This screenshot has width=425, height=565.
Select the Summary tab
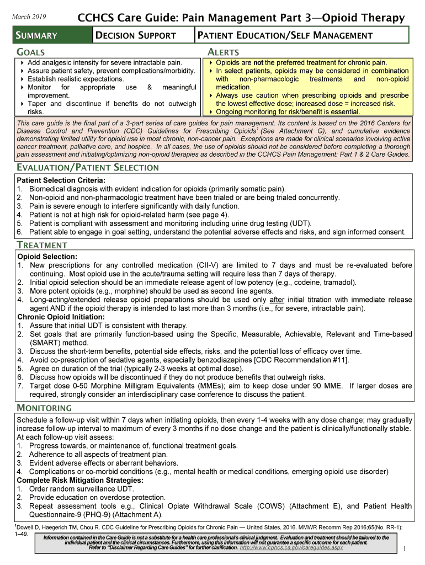pyautogui.click(x=37, y=36)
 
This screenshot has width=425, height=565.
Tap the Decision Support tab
pyautogui.click(x=136, y=36)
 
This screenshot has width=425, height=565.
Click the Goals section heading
pyautogui.click(x=31, y=52)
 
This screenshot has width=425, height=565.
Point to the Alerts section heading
pyautogui.click(x=222, y=52)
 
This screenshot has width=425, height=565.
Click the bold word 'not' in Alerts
pyautogui.click(x=258, y=63)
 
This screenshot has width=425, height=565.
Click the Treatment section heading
pyautogui.click(x=42, y=245)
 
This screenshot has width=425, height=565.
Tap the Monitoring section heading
pyautogui.click(x=44, y=408)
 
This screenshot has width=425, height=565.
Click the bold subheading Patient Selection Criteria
pyautogui.click(x=61, y=180)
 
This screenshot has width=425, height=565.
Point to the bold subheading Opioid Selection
pyautogui.click(x=47, y=257)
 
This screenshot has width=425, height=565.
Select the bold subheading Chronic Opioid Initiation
pyautogui.click(x=63, y=317)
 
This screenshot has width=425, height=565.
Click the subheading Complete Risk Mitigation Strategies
pyautogui.click(x=80, y=480)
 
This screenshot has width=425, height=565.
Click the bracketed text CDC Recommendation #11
pyautogui.click(x=301, y=360)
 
